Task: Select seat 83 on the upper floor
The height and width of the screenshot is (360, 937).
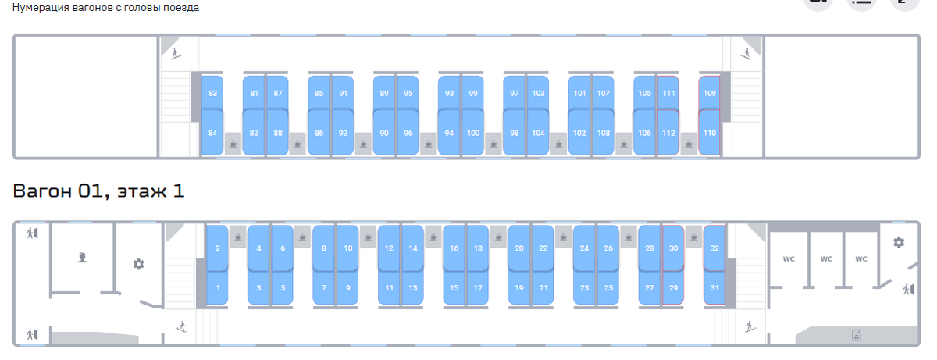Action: [x=212, y=93]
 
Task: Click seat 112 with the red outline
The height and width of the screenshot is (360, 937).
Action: [x=668, y=132]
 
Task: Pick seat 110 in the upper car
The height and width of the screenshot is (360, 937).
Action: [x=710, y=132]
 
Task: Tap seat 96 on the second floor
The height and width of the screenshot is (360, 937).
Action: [x=408, y=132]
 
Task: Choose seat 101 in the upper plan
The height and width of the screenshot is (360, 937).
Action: [x=579, y=93]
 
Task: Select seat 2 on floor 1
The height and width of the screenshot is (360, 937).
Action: [x=217, y=248]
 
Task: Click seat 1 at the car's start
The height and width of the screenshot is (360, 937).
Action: [x=217, y=287]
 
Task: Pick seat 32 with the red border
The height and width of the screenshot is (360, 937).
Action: [x=714, y=248]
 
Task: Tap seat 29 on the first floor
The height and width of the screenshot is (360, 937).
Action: [x=673, y=287]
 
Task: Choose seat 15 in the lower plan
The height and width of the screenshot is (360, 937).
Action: [x=454, y=287]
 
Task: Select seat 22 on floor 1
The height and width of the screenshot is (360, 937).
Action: [x=543, y=248]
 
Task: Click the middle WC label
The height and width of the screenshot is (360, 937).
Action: [x=826, y=258]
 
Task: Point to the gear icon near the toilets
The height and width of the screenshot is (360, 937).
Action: [x=899, y=242]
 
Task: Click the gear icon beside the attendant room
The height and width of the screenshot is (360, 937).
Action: [x=138, y=264]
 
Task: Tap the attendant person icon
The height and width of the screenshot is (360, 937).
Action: [x=82, y=257]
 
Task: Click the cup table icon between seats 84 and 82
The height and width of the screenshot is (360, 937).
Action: [x=233, y=144]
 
